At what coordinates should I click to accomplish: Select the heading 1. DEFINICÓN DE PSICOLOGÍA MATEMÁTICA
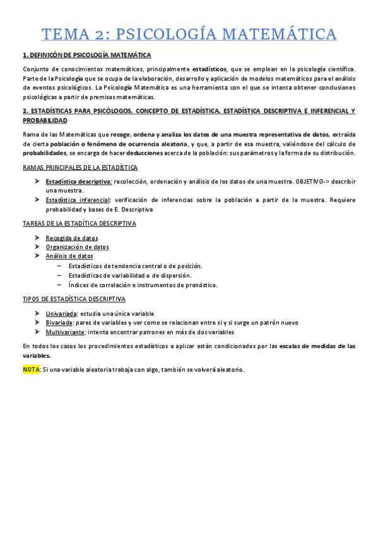[86, 56]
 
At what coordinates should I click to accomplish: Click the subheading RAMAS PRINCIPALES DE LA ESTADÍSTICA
[80, 167]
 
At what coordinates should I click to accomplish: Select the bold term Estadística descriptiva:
[79, 182]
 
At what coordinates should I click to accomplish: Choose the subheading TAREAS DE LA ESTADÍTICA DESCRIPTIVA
[79, 223]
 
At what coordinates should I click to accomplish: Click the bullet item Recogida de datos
[72, 238]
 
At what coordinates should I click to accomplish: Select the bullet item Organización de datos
[77, 247]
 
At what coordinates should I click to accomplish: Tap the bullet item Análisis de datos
[69, 256]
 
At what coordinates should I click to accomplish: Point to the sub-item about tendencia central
[135, 266]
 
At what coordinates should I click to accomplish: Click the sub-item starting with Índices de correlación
[143, 285]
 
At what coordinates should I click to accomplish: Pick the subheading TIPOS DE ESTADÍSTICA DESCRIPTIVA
[74, 299]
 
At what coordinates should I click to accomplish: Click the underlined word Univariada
[62, 314]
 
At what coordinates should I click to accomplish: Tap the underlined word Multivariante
[65, 332]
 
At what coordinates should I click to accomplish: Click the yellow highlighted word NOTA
[31, 369]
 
